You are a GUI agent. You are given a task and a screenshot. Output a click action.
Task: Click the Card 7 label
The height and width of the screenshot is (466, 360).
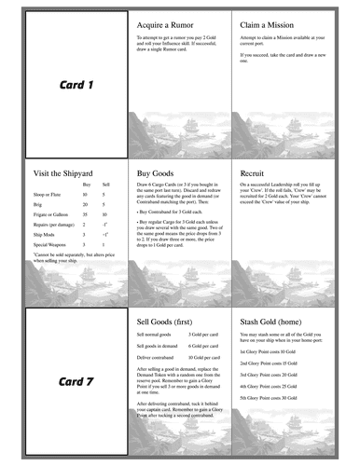coord(77,382)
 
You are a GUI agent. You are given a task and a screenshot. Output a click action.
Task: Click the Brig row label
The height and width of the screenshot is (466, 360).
coord(38,203)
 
